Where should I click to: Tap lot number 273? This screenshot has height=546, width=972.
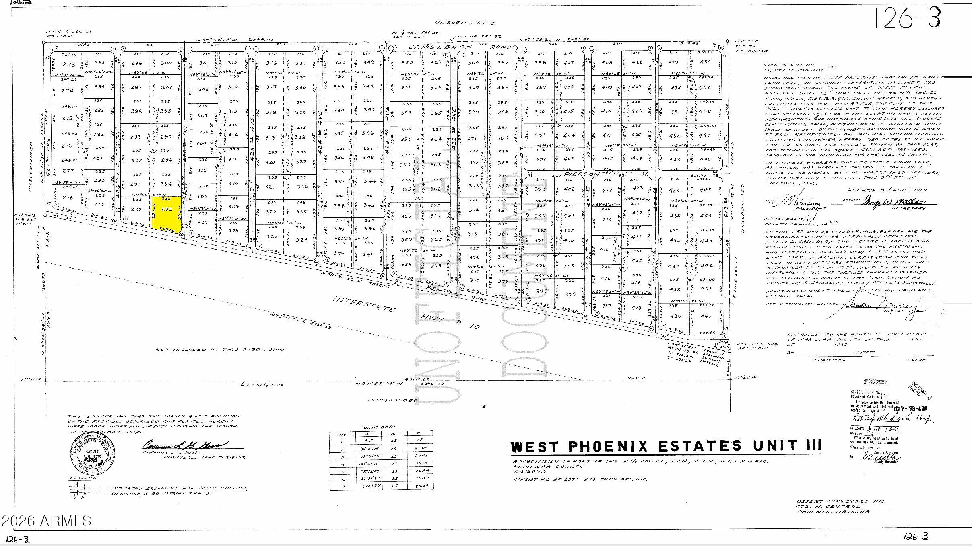pyautogui.click(x=69, y=64)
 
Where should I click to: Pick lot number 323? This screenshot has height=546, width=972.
pyautogui.click(x=272, y=236)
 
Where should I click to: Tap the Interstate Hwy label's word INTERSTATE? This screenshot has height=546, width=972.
pyautogui.click(x=364, y=305)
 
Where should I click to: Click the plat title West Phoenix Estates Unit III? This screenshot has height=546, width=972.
pyautogui.click(x=666, y=446)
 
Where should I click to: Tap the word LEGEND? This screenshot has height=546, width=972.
pyautogui.click(x=83, y=478)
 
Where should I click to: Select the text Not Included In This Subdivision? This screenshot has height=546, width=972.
pyautogui.click(x=219, y=349)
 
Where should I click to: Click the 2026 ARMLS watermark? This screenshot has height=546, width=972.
pyautogui.click(x=46, y=521)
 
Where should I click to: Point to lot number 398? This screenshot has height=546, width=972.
pyautogui.click(x=569, y=294)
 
